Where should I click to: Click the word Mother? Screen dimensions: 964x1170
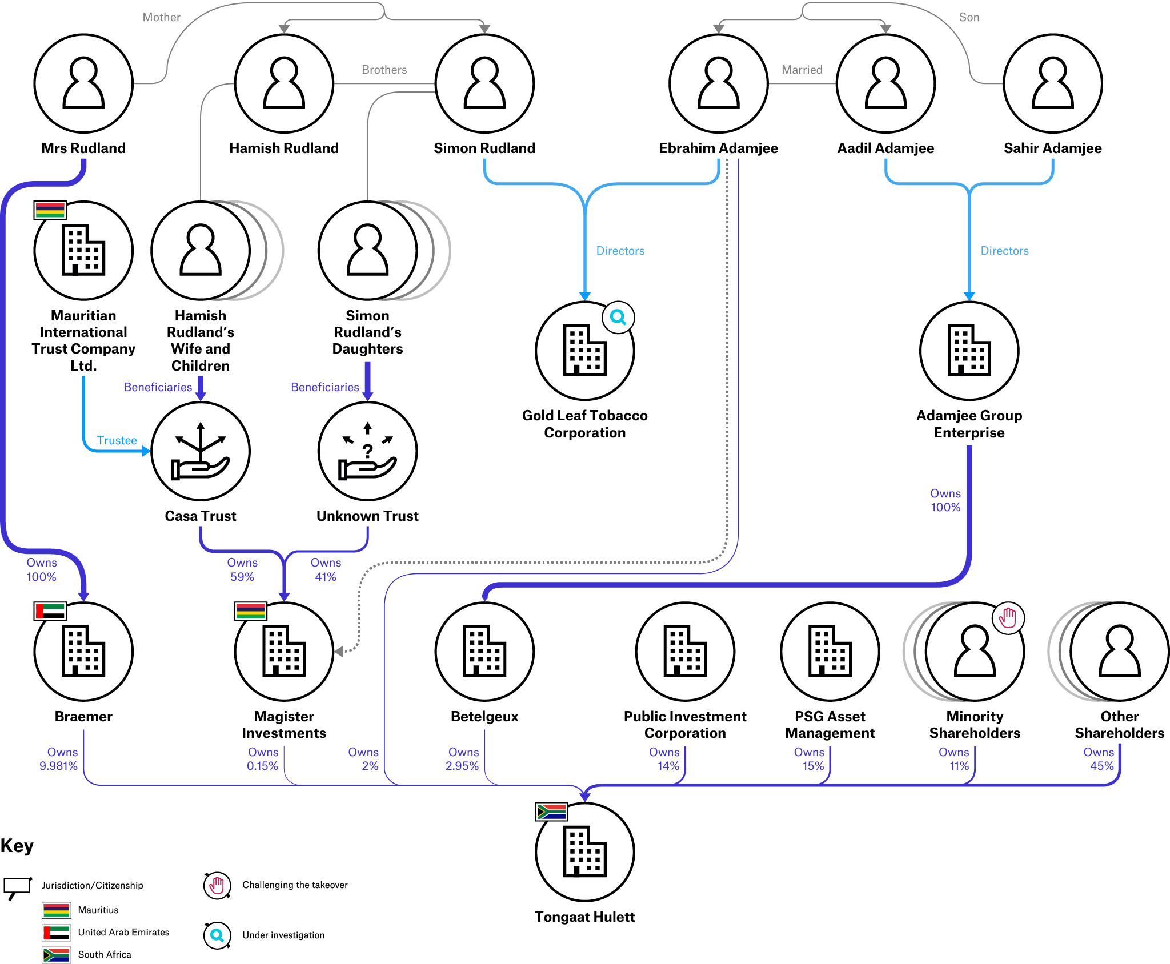161,17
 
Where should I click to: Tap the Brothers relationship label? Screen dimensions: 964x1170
384,70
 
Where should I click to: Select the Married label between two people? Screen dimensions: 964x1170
802,70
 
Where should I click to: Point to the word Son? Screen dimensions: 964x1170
969,17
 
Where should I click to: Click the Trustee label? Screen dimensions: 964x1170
117,440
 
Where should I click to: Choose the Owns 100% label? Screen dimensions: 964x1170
42,569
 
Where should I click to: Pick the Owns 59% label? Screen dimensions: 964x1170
242,569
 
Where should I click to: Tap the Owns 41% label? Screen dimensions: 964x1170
326,569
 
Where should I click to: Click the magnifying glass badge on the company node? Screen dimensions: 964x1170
618,318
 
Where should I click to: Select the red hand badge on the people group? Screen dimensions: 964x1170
1008,618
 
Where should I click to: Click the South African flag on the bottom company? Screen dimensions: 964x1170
551,812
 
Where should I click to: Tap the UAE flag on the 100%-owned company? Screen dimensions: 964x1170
50,611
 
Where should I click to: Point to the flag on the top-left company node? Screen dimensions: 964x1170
50,210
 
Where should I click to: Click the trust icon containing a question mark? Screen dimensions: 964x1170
367,451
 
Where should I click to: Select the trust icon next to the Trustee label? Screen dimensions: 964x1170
201,451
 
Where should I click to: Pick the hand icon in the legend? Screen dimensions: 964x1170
217,886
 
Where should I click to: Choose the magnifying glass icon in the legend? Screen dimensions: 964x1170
217,935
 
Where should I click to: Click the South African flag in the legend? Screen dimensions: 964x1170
57,954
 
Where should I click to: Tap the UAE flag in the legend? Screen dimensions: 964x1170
57,933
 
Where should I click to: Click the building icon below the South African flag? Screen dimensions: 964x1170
584,852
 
